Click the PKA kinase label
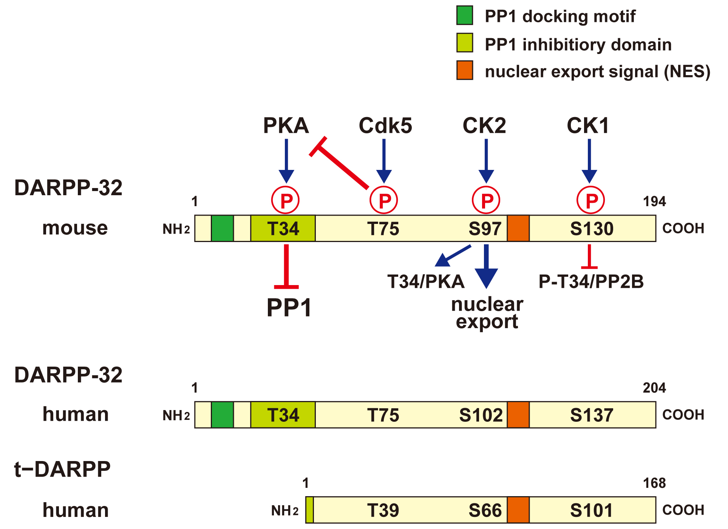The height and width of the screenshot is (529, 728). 286,125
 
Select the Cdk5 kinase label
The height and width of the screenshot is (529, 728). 385,125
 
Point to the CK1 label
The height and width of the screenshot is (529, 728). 588,125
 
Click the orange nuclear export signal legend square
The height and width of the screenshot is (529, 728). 464,70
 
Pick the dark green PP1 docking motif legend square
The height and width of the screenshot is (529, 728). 464,15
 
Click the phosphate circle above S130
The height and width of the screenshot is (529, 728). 590,200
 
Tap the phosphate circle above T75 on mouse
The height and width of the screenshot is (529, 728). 383,200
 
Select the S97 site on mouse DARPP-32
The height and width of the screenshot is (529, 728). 485,229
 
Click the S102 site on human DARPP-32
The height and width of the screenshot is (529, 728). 481,415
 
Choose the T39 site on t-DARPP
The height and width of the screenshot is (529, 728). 383,510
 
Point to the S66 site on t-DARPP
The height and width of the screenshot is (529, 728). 485,510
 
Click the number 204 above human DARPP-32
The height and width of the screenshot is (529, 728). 654,388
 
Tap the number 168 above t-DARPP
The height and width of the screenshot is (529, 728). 654,483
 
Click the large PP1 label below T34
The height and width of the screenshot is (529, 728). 289,307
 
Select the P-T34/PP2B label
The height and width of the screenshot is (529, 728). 591,282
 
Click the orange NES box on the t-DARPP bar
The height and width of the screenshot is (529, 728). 518,510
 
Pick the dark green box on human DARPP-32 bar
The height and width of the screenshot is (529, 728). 222,415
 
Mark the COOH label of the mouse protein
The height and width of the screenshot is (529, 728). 683,228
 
